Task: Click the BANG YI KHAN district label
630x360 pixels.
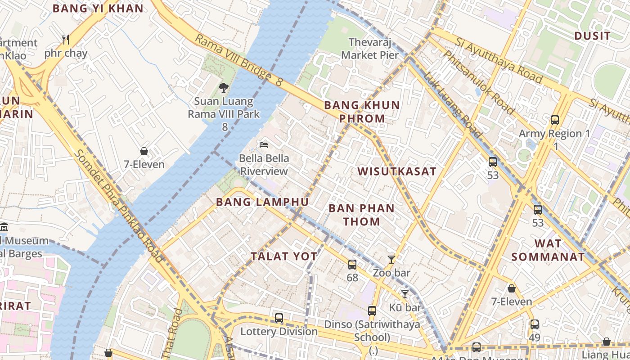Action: click(98, 8)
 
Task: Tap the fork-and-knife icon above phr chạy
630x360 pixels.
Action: click(66, 40)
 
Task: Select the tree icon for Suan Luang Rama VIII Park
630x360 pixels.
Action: click(223, 87)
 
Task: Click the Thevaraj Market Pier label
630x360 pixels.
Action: click(370, 49)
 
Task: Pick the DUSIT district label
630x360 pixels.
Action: click(592, 36)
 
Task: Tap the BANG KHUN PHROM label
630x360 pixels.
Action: click(362, 112)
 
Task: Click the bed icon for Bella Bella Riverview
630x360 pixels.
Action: click(264, 145)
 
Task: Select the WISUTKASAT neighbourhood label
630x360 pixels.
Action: click(397, 171)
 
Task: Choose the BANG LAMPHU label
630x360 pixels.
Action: click(262, 202)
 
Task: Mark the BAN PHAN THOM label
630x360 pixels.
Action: click(361, 215)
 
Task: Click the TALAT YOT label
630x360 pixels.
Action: click(284, 256)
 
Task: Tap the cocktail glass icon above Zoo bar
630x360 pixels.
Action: click(391, 260)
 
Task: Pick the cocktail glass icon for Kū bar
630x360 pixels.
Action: click(405, 294)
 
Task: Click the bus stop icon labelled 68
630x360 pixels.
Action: click(352, 265)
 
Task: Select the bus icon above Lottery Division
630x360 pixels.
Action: click(279, 318)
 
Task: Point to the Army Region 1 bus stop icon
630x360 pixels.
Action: click(555, 120)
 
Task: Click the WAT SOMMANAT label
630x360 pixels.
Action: click(548, 250)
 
